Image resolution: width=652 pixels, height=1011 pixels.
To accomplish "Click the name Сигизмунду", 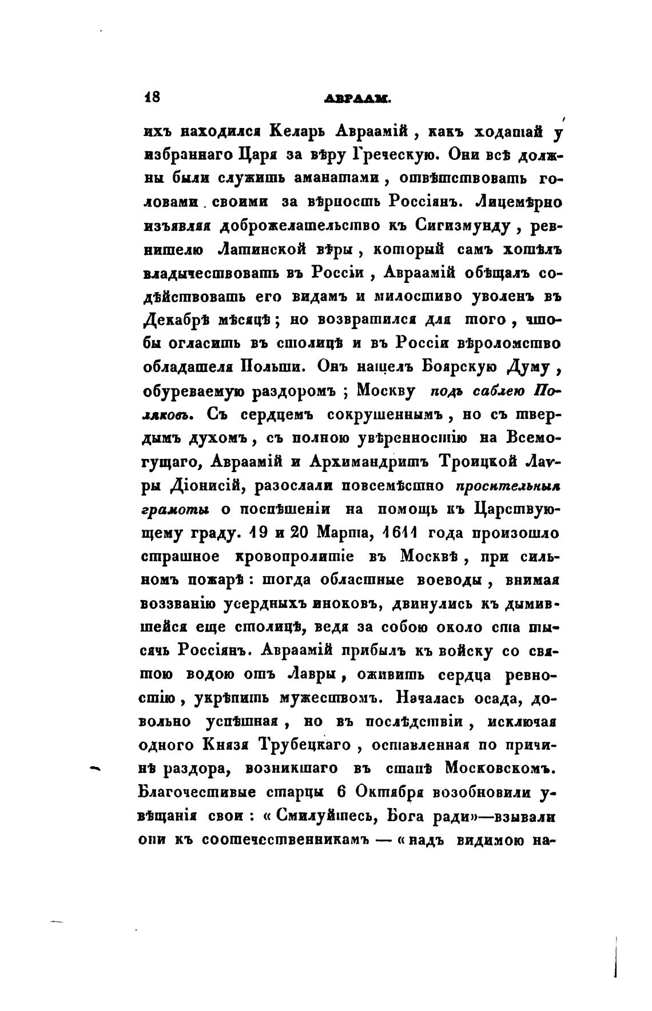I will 451,226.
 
